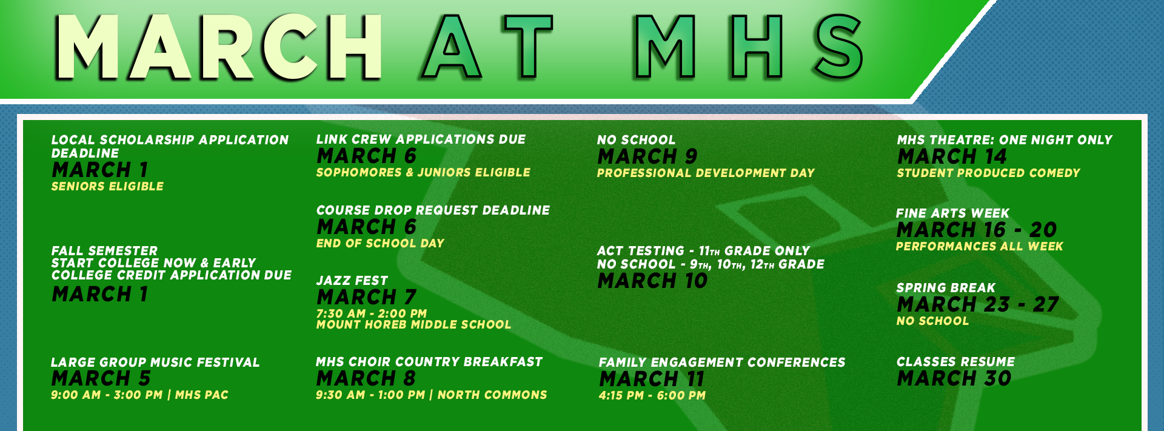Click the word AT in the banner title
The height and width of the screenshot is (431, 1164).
(488, 47)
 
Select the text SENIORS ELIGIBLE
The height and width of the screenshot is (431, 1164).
(107, 187)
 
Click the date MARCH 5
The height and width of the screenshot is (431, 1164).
(101, 378)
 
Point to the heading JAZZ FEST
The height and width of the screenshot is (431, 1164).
(352, 281)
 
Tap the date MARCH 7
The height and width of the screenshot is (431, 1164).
(366, 297)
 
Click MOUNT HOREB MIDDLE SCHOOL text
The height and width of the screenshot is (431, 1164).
(413, 325)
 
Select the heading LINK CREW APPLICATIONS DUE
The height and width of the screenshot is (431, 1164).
(421, 139)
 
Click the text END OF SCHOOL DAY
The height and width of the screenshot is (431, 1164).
(380, 244)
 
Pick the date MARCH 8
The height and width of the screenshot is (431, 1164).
(366, 378)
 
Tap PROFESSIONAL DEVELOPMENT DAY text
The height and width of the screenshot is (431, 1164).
(706, 173)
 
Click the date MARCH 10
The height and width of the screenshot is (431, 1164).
(652, 281)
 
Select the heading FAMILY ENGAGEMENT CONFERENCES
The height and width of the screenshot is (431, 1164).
(721, 363)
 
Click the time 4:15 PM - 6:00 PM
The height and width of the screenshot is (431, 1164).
(652, 396)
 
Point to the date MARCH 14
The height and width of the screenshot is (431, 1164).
(952, 156)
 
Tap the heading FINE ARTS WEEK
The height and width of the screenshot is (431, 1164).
(952, 213)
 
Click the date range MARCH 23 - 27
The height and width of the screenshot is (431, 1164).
(977, 304)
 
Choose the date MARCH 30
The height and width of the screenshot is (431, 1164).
(954, 378)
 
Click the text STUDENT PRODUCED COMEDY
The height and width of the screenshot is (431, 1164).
(988, 173)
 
